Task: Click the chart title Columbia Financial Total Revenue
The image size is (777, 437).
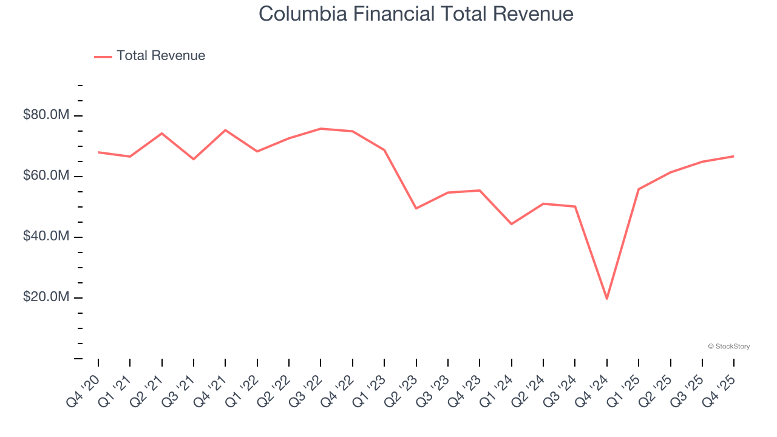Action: click(416, 13)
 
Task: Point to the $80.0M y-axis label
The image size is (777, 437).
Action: click(47, 115)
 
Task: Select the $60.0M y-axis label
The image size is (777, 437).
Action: click(47, 175)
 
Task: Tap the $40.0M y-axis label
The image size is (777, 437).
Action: click(47, 236)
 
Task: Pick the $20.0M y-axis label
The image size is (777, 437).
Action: click(47, 297)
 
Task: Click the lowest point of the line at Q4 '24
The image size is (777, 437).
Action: click(606, 299)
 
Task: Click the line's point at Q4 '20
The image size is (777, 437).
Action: click(98, 152)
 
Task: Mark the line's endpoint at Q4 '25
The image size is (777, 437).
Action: click(733, 156)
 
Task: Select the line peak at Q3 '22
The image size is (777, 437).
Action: click(321, 129)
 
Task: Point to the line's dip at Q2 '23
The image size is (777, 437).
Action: click(416, 208)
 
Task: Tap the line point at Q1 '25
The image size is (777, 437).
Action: click(639, 189)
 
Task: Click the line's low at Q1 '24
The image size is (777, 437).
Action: click(511, 224)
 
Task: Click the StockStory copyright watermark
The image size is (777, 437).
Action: click(728, 347)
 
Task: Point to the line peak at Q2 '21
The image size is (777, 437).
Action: click(162, 133)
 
